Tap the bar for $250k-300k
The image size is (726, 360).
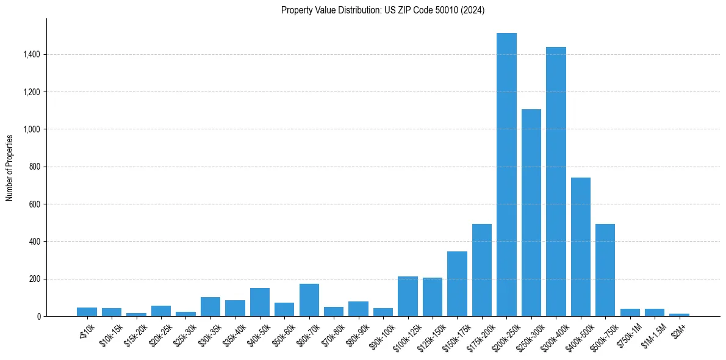click(x=531, y=213)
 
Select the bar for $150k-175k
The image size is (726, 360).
click(x=457, y=284)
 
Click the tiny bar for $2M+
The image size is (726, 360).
click(x=679, y=315)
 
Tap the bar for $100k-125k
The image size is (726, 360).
click(x=408, y=297)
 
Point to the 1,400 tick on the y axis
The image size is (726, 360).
click(x=32, y=55)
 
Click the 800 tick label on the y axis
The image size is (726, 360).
click(x=35, y=167)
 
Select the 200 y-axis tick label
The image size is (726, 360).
click(x=35, y=279)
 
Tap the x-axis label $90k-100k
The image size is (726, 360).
click(x=381, y=336)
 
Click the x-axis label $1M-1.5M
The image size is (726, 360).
click(x=652, y=336)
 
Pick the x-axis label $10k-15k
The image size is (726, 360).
click(x=110, y=336)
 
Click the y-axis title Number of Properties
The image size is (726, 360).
click(x=10, y=167)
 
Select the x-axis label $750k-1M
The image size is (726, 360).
click(x=629, y=336)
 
